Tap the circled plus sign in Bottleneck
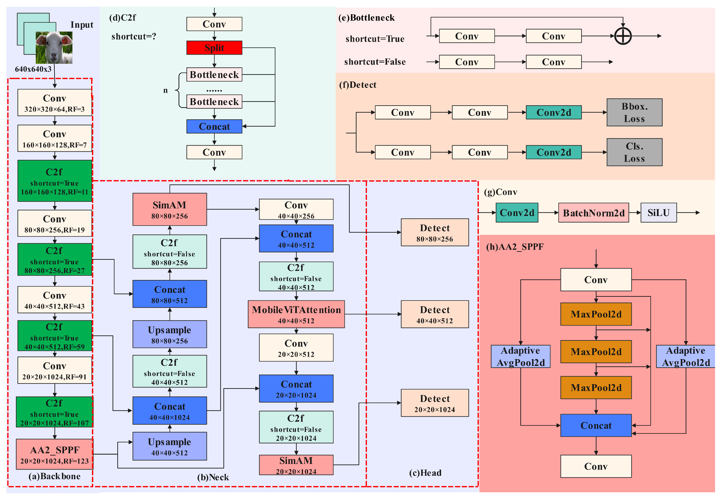pos(622,36)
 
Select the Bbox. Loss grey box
pos(634,113)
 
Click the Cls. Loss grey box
pos(634,152)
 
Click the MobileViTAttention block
pos(296,314)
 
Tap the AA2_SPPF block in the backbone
pos(54,454)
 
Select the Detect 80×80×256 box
pos(434,233)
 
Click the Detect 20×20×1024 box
pos(434,403)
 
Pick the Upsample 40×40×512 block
pos(170,446)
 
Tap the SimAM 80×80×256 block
pos(170,209)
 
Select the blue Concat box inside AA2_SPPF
pos(595,425)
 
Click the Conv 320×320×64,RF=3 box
pos(54,103)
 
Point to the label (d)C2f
pos(123,17)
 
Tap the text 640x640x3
pos(33,69)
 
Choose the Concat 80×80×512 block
pos(170,294)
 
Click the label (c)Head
pos(425,473)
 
